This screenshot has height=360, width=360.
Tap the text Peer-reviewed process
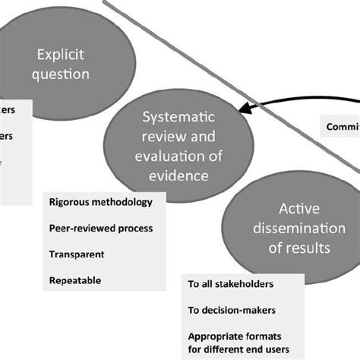tap(101, 229)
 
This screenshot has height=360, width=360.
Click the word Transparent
tap(77, 254)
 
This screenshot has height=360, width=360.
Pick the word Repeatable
tap(74, 280)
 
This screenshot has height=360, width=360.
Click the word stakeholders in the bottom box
tap(251, 286)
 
